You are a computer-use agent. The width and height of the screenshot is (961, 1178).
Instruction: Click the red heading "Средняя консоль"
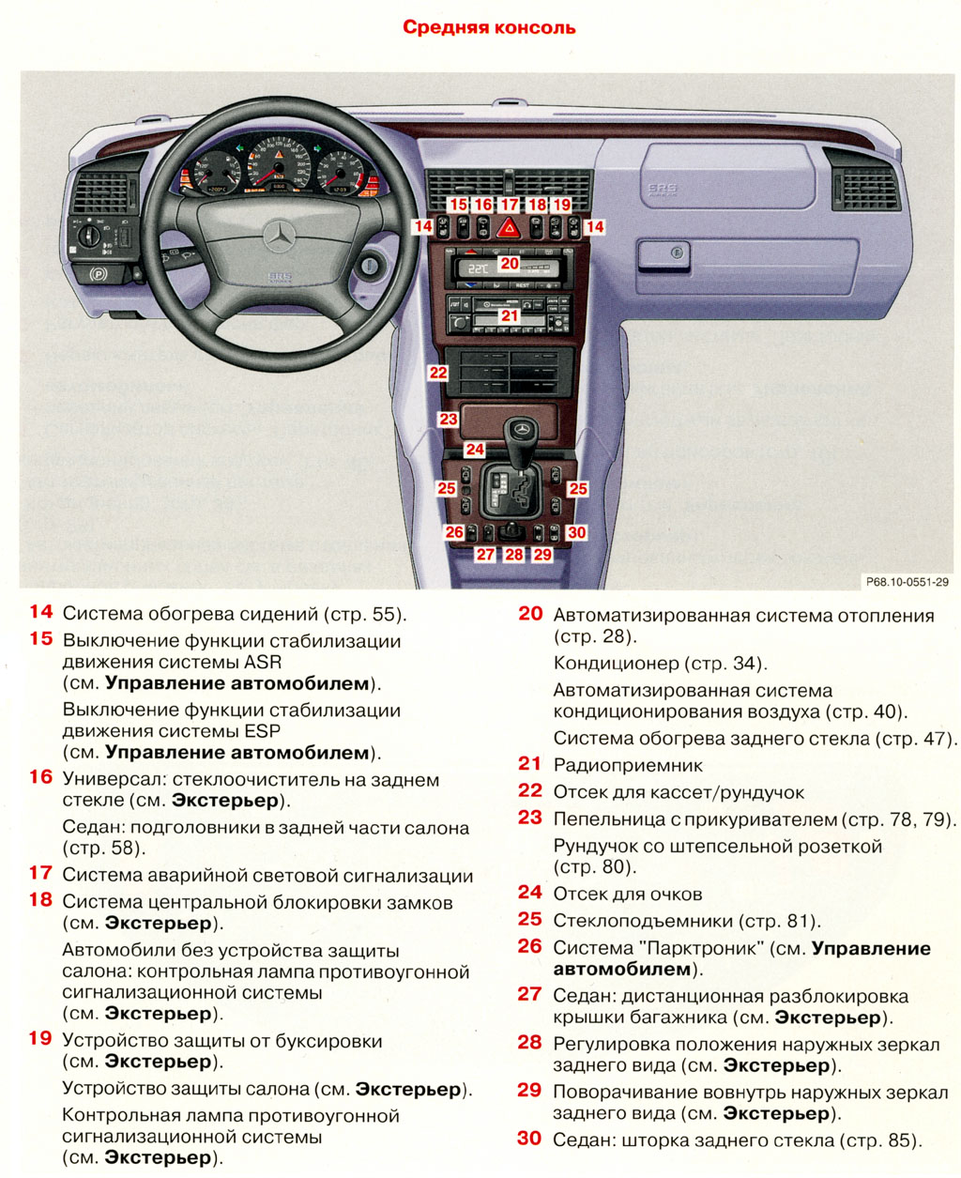[489, 27]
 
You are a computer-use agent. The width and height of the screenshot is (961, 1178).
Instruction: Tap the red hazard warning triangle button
[509, 226]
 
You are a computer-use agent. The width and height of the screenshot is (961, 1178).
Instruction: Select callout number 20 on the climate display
[509, 264]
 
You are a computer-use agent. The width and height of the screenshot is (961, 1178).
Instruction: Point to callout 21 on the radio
[509, 316]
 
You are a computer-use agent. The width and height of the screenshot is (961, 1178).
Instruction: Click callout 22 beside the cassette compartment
[438, 373]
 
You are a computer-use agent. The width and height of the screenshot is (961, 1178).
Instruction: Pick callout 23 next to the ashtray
[449, 420]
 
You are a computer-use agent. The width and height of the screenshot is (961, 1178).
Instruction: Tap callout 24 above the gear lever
[474, 450]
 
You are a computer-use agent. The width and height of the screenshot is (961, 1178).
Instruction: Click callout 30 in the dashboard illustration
[576, 532]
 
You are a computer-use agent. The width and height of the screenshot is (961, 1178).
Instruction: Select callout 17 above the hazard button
[509, 204]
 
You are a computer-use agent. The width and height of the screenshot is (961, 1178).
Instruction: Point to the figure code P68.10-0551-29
[907, 582]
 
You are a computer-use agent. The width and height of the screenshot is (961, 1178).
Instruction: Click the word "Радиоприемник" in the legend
[628, 765]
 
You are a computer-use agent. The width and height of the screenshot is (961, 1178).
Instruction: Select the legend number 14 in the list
[40, 612]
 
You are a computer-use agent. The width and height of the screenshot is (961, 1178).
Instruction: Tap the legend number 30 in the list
[529, 1139]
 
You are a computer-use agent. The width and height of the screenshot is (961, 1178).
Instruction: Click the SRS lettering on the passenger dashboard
[662, 190]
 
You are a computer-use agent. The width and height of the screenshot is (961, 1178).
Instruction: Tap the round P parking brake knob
[95, 276]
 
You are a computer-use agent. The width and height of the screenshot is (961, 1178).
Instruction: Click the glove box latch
[671, 252]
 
